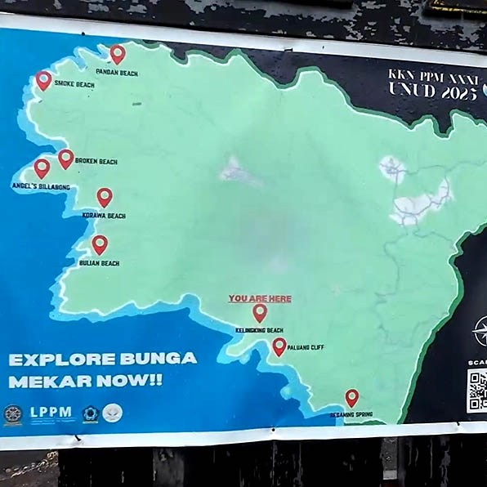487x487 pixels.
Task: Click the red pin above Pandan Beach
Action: pos(118,54)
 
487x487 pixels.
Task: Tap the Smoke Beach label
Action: pos(74,84)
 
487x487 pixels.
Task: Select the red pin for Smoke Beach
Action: pos(43,80)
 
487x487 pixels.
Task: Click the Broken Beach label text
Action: pos(96,162)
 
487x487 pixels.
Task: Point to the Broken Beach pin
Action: pos(66,158)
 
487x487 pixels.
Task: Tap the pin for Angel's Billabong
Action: pos(42,168)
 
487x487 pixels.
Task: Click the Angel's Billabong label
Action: pos(41,187)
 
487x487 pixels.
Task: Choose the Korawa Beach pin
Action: pos(105,197)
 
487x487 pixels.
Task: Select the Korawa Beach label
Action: pos(104,216)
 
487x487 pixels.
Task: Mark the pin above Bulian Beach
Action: pos(100,244)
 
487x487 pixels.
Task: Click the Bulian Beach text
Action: pos(100,263)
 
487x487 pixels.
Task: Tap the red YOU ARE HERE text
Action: pos(260,299)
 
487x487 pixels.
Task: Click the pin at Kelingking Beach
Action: pos(260,313)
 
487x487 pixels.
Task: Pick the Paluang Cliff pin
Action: pos(279,346)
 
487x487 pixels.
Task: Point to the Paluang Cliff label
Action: pos(306,348)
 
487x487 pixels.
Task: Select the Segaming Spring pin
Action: pos(351,398)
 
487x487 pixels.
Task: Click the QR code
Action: pos(477,391)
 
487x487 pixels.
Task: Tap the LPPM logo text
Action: pos(51,413)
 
